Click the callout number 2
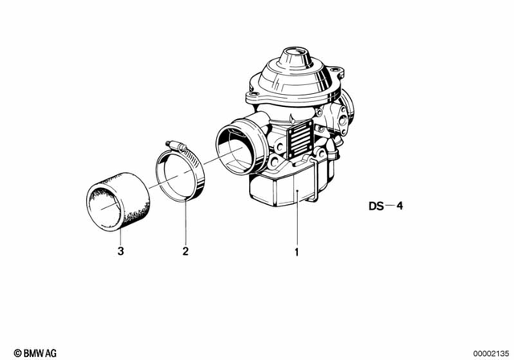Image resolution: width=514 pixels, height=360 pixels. coord(185,251)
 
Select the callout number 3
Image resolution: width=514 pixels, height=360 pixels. coord(120,251)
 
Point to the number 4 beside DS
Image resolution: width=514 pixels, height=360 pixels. coord(401,206)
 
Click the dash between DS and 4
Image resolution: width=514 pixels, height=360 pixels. coord(390,206)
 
